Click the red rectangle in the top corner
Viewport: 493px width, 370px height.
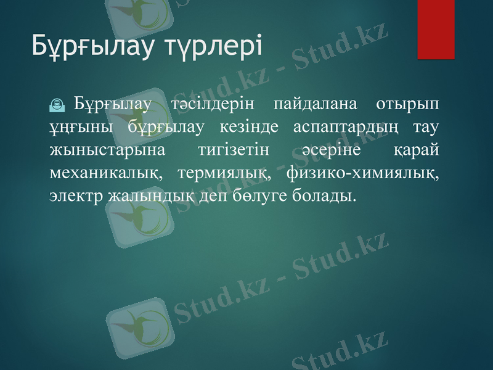436,29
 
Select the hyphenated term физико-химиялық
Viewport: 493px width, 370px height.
364,173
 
